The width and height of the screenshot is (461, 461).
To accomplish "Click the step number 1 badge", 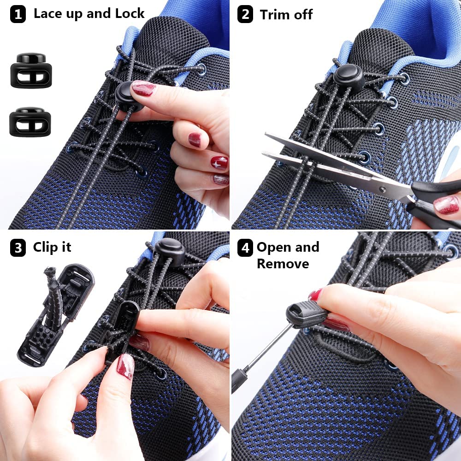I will (18, 14).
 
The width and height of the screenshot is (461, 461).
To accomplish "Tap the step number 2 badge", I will (245, 14).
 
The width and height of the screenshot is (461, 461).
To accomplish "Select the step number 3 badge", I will (18, 248).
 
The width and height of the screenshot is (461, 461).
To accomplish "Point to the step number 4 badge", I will (245, 248).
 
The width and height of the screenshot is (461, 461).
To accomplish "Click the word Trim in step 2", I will (276, 14).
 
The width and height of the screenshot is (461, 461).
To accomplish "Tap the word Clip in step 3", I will (45, 247).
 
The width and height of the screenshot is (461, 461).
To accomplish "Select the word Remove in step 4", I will (283, 264).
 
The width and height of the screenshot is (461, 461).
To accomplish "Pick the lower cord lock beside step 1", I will (30, 122).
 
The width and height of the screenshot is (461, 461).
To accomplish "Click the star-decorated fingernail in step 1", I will (219, 162).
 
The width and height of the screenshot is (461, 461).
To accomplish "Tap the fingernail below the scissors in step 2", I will (446, 205).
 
